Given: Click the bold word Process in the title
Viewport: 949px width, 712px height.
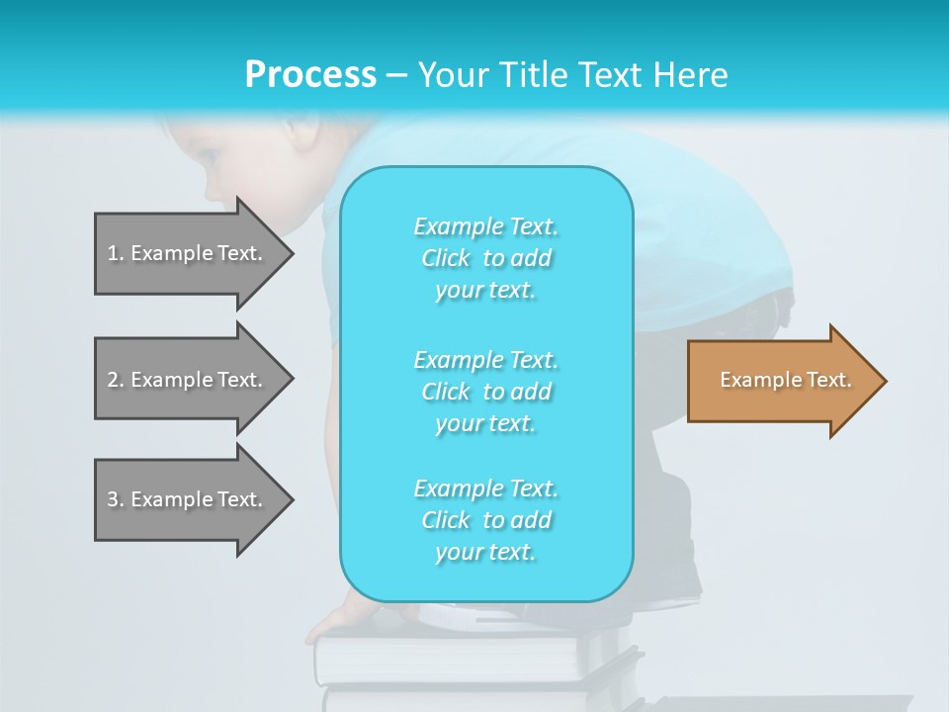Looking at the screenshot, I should click(x=310, y=75).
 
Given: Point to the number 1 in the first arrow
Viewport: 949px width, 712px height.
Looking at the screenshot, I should click(x=113, y=253).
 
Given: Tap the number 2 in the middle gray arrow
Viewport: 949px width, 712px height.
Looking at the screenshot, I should click(x=113, y=380).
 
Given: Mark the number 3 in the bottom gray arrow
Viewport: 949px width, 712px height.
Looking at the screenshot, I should click(x=113, y=499).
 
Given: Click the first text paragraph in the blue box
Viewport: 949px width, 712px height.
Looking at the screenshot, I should click(x=485, y=258).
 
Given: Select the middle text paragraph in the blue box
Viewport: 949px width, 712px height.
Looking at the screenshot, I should click(x=485, y=392).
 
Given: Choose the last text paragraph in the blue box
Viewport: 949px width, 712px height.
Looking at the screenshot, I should click(x=485, y=520).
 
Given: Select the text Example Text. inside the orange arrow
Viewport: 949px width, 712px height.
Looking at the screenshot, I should click(x=786, y=380).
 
